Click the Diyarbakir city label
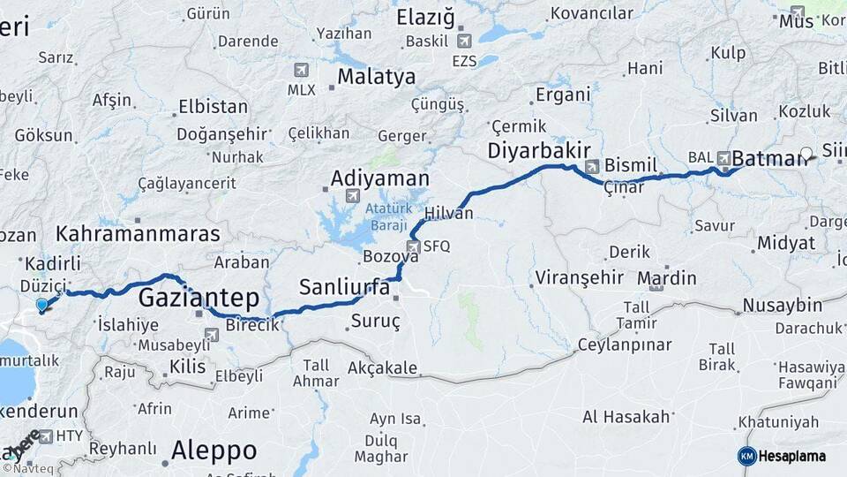tap(538, 151)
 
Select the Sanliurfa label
tap(343, 286)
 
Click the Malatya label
tap(376, 77)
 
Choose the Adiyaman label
tap(379, 178)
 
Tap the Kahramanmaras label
tap(138, 234)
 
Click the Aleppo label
tap(214, 450)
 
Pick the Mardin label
tap(666, 278)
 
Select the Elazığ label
tap(424, 18)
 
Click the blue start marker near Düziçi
tap(41, 306)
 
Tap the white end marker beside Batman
tap(806, 153)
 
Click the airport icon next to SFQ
tap(413, 246)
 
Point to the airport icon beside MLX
tap(301, 70)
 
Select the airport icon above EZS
tap(464, 40)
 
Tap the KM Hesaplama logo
tap(781, 456)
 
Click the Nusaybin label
tap(782, 305)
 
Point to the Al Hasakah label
tap(626, 416)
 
